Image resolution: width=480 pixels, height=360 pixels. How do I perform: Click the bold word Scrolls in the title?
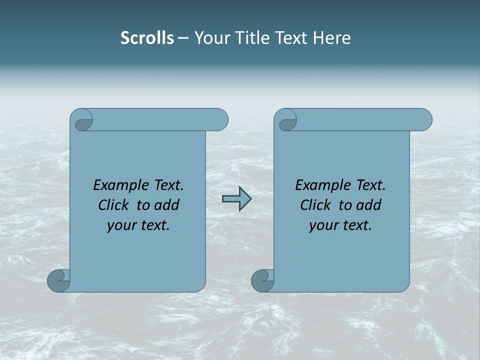click(147, 38)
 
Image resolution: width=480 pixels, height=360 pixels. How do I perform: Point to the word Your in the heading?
click(210, 38)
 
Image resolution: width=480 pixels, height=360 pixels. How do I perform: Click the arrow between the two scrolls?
click(237, 199)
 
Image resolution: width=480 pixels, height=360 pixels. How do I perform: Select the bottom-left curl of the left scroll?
click(59, 280)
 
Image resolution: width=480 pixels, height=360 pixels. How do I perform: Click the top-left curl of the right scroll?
click(287, 121)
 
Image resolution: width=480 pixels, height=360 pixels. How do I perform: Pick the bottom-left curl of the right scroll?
click(262, 280)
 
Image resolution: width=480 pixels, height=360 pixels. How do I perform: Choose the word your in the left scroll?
click(120, 225)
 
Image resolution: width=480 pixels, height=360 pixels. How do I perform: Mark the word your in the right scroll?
click(322, 225)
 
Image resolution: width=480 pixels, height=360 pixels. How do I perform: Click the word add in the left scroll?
click(167, 205)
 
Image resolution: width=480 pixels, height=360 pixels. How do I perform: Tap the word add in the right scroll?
click(369, 205)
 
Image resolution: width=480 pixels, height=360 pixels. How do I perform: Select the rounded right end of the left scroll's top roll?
click(220, 120)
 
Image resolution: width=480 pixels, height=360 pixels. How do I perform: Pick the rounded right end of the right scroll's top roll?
click(424, 120)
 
